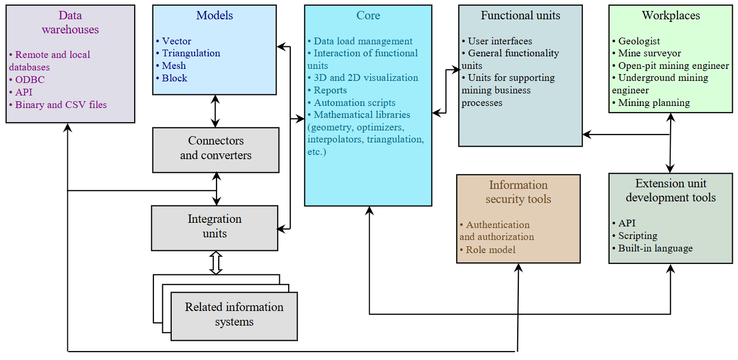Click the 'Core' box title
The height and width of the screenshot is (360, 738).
(x=368, y=16)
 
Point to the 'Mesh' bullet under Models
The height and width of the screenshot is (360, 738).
(x=173, y=66)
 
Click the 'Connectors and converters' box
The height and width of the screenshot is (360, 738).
(x=216, y=149)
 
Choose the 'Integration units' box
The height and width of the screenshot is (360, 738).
(x=215, y=226)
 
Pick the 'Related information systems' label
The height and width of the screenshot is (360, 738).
(x=234, y=315)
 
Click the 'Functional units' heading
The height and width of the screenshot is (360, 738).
(x=520, y=16)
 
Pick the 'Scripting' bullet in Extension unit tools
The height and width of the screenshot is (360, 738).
(x=637, y=236)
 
